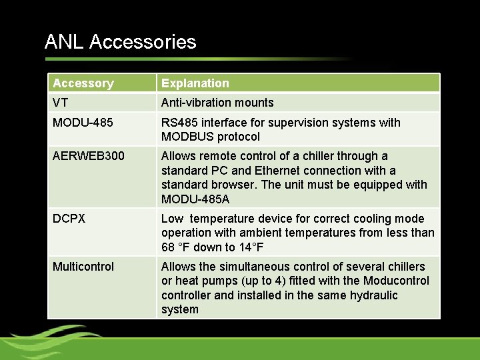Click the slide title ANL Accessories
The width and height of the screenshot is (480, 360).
pos(120,42)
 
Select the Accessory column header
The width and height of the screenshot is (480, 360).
pos(83,83)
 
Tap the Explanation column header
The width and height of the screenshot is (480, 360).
pos(195,83)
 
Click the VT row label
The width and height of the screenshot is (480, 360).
pos(61,103)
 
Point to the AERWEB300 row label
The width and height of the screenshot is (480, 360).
pos(89,156)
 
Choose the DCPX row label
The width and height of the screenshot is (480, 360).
pos(69,219)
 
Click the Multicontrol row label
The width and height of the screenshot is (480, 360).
pos(83,267)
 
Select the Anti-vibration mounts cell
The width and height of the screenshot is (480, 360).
pos(217,103)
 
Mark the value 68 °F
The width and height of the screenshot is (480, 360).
pos(177,247)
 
